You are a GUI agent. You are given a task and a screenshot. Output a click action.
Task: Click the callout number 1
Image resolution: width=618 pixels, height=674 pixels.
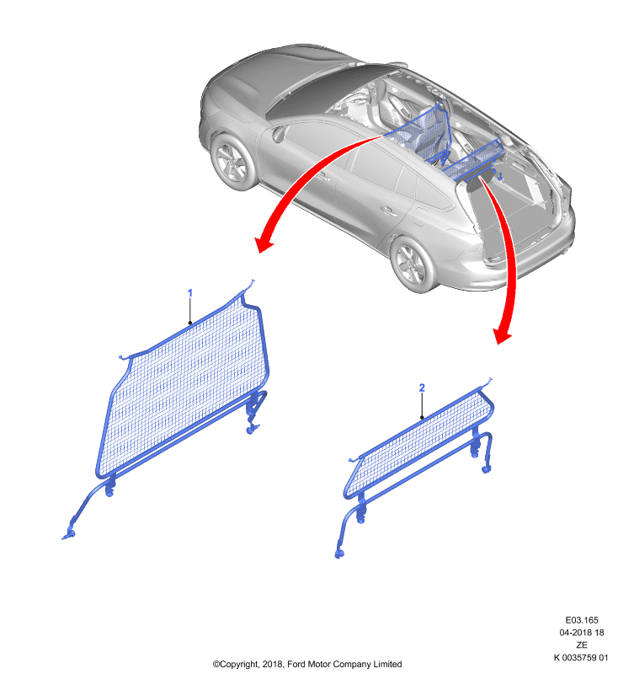coord(189,293)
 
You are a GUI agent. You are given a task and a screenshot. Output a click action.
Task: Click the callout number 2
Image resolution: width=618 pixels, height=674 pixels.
coord(422,388)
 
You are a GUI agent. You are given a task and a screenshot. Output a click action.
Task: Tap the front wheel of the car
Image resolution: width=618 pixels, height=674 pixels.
coord(233,162)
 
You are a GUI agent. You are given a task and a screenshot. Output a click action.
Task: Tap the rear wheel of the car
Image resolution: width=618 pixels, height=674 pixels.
coord(412,264)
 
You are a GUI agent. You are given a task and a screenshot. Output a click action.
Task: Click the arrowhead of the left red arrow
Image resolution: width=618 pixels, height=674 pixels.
coord(264,245)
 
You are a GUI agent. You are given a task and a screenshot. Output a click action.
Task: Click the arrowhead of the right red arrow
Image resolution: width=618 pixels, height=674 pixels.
coord(502,336)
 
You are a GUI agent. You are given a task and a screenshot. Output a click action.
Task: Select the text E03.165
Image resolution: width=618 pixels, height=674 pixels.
coord(582,620)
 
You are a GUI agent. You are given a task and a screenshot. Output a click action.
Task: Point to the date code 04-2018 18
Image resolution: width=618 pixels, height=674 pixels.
coord(582,633)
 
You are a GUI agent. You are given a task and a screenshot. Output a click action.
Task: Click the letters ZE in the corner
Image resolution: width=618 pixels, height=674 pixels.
coord(582,645)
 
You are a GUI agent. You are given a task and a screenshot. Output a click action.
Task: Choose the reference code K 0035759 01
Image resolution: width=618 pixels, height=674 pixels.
coord(581,657)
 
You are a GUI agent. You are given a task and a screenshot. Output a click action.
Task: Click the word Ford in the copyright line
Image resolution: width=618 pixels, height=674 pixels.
coord(296,664)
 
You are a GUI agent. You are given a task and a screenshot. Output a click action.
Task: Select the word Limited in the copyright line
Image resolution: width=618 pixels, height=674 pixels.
coord(387,664)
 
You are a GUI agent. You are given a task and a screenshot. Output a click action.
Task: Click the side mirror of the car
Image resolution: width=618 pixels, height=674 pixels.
coord(279,134)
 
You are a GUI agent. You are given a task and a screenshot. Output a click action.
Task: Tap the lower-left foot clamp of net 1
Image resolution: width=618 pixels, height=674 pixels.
coord(70,533)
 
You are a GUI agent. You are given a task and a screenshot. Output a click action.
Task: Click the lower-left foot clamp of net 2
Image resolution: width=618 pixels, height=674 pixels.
coord(339,554)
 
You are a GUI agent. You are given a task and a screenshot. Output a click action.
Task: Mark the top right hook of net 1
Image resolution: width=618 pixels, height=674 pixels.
coord(250,285)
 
